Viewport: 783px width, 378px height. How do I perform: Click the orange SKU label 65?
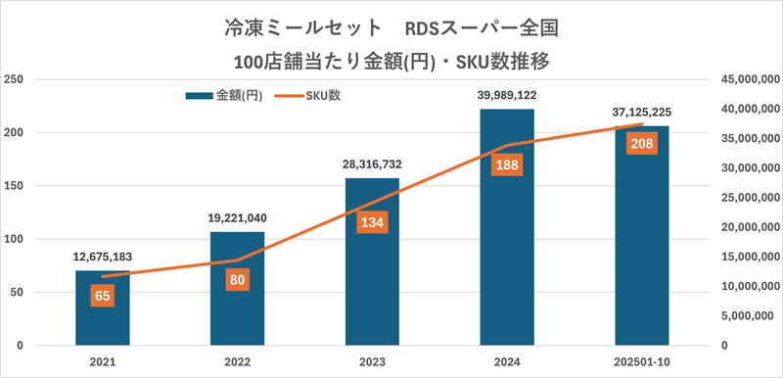point(102,295)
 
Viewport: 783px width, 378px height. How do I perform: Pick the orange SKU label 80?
point(237,279)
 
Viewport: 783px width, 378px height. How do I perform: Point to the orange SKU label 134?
point(372,222)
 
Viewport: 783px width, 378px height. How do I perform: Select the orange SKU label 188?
point(507,165)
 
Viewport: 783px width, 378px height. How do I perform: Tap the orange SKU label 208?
point(642,144)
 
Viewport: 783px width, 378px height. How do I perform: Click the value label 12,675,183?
point(103,257)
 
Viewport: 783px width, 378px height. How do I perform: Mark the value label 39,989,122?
point(507,95)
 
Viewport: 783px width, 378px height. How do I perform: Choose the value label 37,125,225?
point(642,112)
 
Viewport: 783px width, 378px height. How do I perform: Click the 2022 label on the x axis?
point(237,362)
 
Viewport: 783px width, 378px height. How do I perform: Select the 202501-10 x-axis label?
point(642,362)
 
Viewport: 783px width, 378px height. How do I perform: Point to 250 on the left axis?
point(16,79)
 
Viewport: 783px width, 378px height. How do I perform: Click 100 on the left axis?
point(16,239)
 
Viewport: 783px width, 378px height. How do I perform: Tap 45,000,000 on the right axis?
point(749,79)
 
